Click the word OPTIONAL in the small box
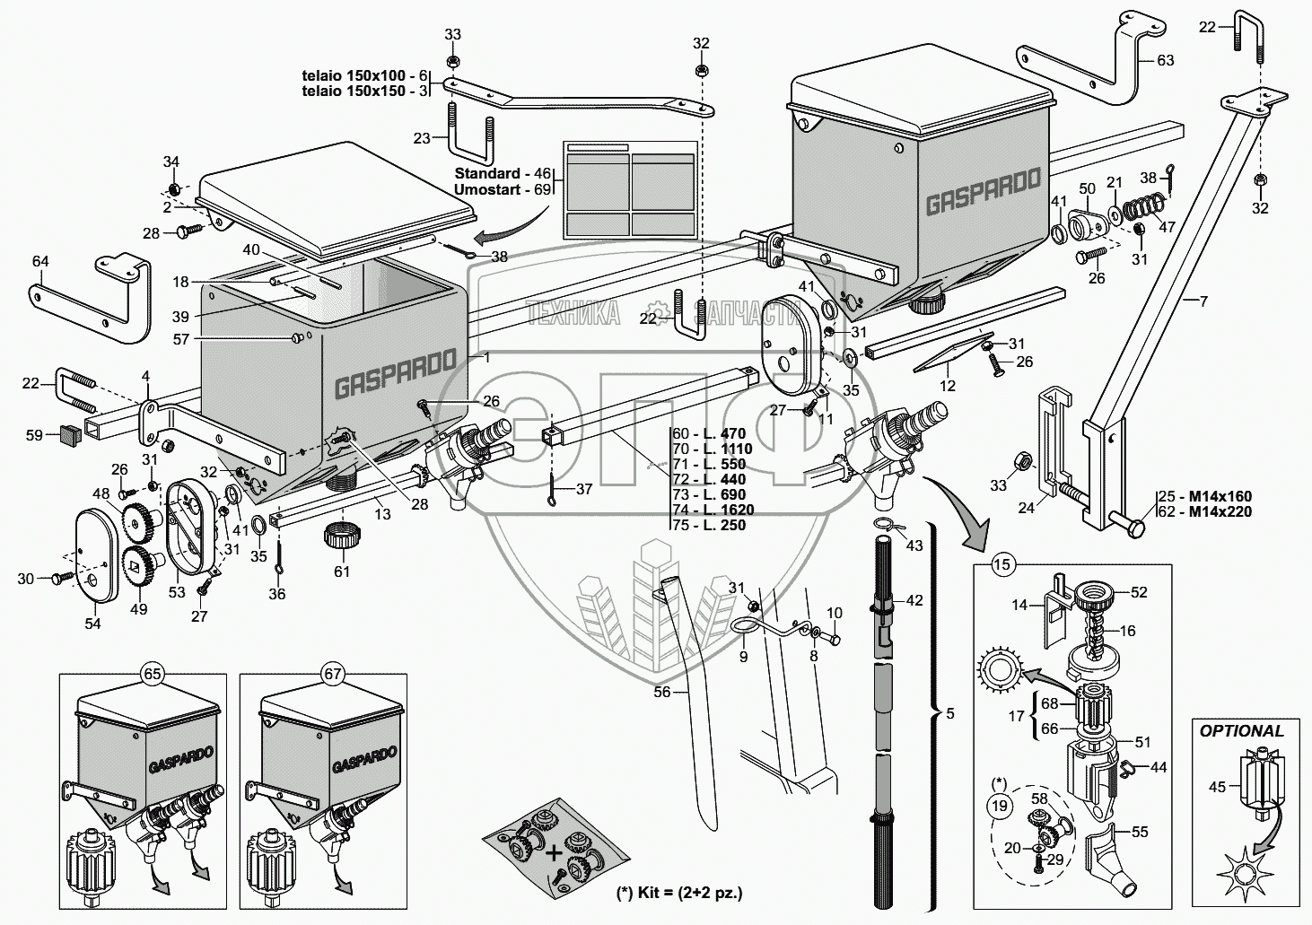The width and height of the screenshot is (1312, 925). point(1241,730)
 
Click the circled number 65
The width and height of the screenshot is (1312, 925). point(153,674)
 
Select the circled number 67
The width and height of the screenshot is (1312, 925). point(333,674)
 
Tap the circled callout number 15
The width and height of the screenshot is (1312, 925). point(1002,564)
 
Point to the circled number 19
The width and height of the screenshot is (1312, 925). point(999,807)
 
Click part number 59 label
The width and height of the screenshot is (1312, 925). point(35,435)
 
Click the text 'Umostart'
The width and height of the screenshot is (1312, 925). point(487,189)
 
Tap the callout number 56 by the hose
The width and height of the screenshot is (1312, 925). point(662,692)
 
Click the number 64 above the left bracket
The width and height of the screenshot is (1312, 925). point(40,261)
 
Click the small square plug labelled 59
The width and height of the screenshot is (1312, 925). point(69,435)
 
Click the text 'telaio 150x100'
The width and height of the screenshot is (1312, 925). point(354,75)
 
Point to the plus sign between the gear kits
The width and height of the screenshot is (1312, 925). point(552,853)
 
